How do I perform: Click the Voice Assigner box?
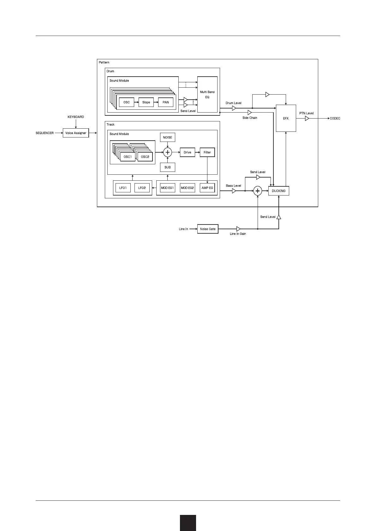tap(76, 133)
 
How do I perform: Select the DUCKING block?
tap(278, 191)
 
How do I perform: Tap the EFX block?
tap(286, 118)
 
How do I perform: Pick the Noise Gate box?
tap(208, 229)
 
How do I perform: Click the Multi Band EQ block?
tap(207, 95)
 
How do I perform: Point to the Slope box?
tap(146, 102)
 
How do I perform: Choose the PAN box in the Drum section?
tap(166, 102)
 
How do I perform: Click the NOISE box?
tap(167, 137)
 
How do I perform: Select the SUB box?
tap(167, 167)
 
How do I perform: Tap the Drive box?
tap(188, 152)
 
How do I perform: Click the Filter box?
tap(207, 152)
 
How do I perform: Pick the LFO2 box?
tap(142, 188)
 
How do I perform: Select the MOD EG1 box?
tap(167, 188)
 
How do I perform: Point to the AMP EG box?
tap(207, 188)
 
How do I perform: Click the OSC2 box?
tap(145, 157)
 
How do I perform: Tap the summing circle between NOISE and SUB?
tap(167, 152)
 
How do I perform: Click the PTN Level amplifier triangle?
tap(307, 119)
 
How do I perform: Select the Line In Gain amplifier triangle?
tap(238, 229)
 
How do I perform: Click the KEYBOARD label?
tap(76, 117)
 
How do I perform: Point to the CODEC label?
tap(335, 119)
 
